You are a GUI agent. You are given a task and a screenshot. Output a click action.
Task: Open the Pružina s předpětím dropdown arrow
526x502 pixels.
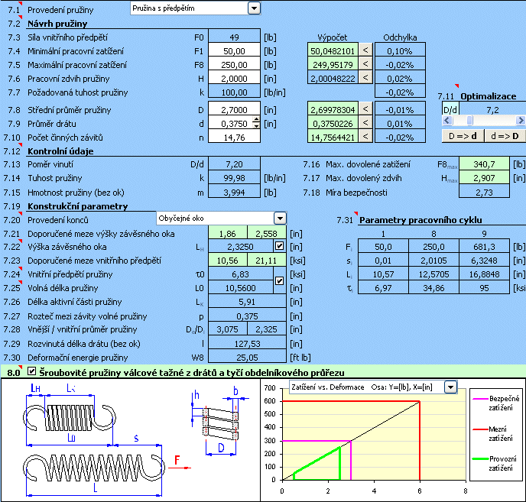tap(254, 8)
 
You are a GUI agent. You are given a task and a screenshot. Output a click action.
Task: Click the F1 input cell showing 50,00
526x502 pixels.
tap(234, 51)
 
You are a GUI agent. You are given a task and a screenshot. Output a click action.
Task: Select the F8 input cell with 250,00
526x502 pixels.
tap(234, 65)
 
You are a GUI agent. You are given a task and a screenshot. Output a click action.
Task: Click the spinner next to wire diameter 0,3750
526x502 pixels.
tap(256, 123)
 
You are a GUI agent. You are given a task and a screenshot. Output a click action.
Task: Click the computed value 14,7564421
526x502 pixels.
tap(333, 138)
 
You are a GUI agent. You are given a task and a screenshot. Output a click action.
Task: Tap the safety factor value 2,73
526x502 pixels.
tap(484, 193)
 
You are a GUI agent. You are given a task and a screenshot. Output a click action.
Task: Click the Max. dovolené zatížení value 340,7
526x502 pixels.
tap(484, 164)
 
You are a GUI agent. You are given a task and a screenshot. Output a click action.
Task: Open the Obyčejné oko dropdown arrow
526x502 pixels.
tap(280, 219)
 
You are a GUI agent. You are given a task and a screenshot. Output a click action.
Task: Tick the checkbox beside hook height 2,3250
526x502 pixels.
tap(279, 247)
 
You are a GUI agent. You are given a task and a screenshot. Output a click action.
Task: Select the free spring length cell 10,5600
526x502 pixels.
tap(241, 288)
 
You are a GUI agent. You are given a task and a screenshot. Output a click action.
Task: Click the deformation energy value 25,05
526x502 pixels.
tap(247, 358)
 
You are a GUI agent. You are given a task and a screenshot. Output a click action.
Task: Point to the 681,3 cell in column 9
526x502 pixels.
tap(484, 247)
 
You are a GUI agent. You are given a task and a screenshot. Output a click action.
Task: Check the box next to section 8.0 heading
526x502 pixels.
tap(31, 371)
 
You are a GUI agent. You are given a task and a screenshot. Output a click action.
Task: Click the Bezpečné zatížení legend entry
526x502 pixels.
tap(496, 403)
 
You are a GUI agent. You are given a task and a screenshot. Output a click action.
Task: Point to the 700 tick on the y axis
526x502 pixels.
tap(270, 388)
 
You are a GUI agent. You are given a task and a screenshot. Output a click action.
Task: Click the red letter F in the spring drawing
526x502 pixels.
tap(177, 460)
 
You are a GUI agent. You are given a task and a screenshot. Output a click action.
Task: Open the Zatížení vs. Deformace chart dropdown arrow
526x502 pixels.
tap(450, 387)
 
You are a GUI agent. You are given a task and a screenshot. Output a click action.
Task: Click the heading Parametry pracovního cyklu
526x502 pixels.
tap(420, 220)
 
